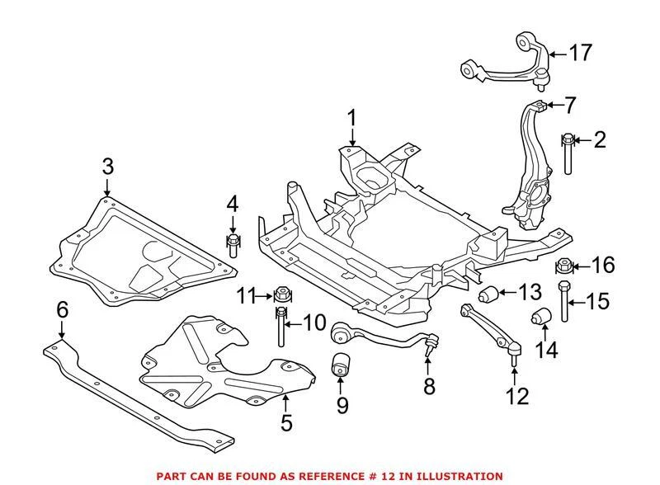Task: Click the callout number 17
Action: coord(581,54)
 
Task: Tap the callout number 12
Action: coord(516,398)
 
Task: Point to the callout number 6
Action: coord(61,309)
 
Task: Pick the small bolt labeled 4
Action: coord(233,242)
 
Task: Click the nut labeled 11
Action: coord(280,294)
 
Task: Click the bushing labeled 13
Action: coord(492,294)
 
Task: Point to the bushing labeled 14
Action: coord(542,317)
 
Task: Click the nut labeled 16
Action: coord(564,266)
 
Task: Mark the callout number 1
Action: coord(352,118)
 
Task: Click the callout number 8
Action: coord(428,385)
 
